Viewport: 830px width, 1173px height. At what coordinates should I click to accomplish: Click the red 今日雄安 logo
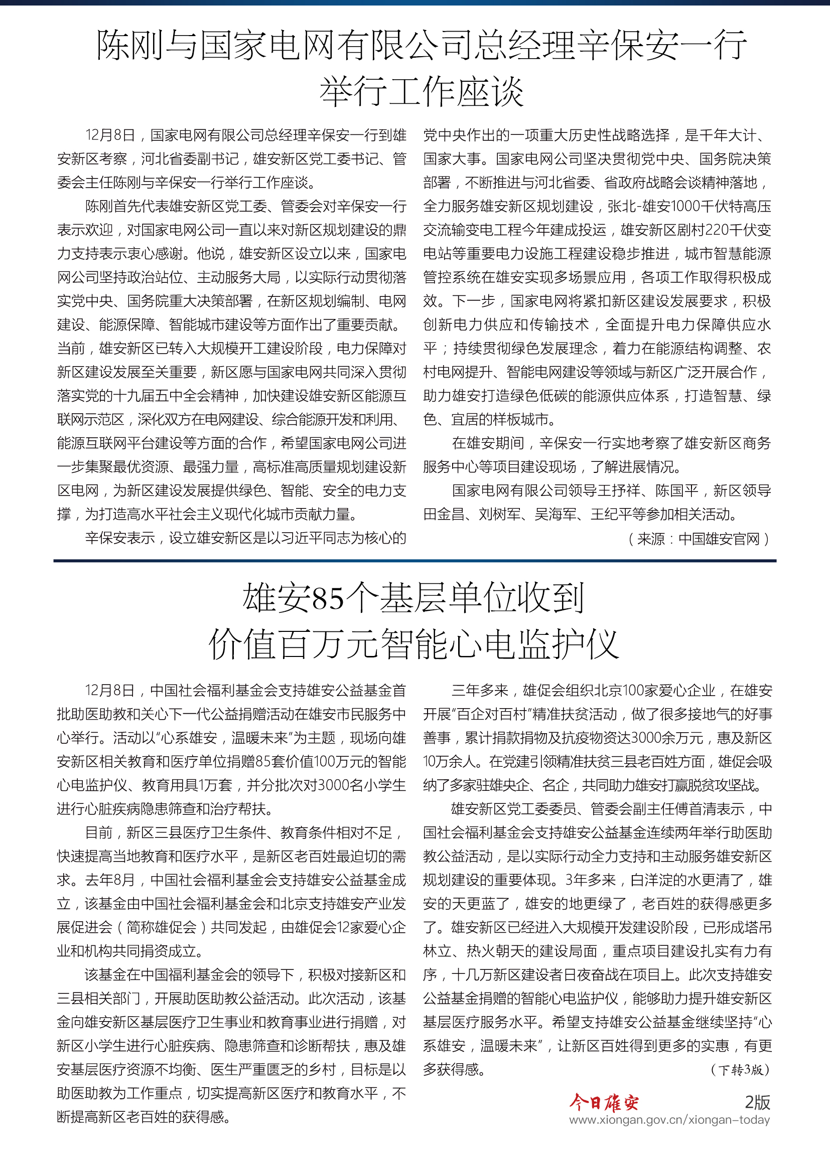[x=604, y=1102]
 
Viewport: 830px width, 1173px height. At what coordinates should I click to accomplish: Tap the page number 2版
[x=757, y=1102]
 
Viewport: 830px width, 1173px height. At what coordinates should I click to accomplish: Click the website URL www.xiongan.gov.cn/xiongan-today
[x=669, y=1120]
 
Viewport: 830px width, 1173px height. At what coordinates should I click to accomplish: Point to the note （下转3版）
[x=740, y=1069]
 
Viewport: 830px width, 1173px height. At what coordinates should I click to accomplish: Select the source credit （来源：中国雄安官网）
[x=699, y=539]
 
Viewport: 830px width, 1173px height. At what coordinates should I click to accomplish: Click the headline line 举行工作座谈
[x=422, y=92]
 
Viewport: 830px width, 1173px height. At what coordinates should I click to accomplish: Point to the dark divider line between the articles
[x=414, y=561]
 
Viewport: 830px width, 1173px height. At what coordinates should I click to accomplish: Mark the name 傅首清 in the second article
[x=695, y=809]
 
